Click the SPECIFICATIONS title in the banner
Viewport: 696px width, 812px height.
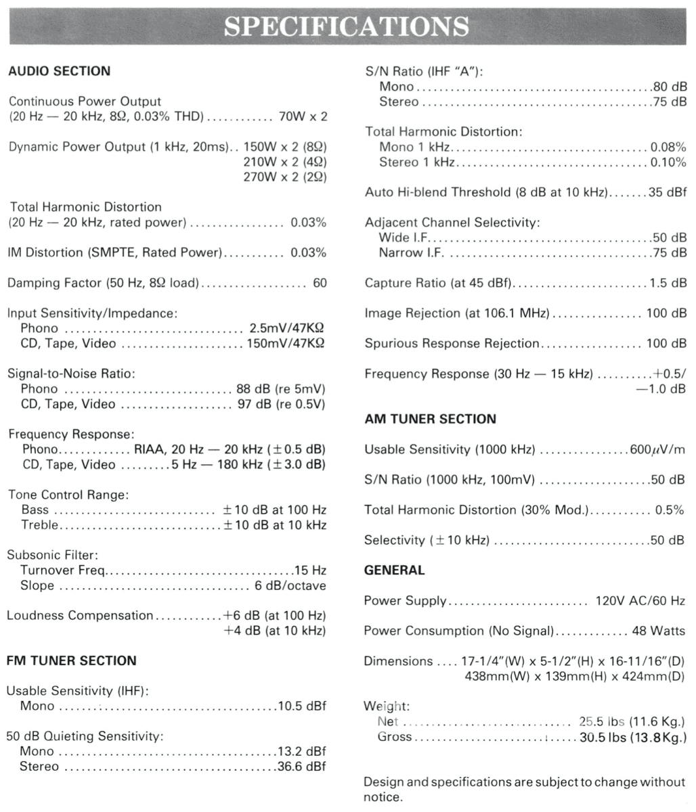pos(347,25)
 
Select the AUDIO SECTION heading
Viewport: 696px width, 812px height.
pos(59,71)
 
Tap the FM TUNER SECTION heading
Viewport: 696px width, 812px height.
pos(72,660)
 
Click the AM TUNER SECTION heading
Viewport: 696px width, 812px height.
pos(430,419)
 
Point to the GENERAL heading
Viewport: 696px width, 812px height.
pos(394,570)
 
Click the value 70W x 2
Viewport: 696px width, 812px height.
pos(303,116)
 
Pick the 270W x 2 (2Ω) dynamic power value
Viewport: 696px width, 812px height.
pos(284,177)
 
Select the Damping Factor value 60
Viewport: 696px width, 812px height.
pos(320,283)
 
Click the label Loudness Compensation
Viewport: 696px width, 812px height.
pos(80,616)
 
